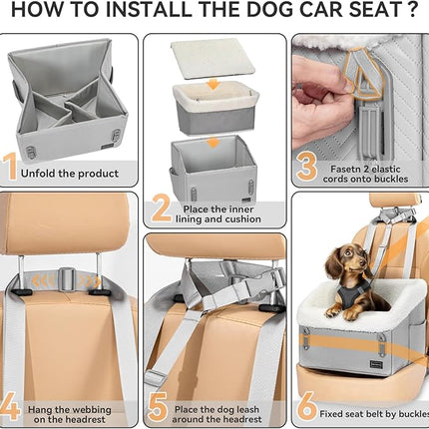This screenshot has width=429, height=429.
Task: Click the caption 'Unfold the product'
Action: click(x=74, y=174)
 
